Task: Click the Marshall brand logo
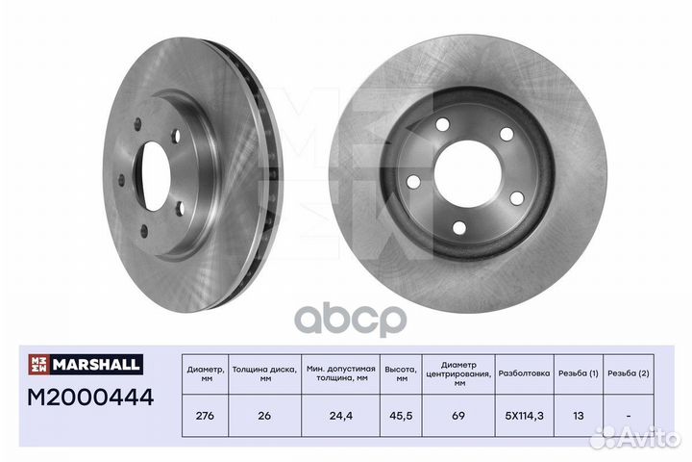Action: pos(86,364)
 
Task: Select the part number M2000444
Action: pos(90,397)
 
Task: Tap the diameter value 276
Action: pos(205,416)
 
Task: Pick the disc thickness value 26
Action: pos(264,416)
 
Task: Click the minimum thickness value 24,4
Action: pos(341,416)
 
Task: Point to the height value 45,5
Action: pos(402,416)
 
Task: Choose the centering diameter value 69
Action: pos(458,416)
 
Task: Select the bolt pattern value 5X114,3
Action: pos(525,416)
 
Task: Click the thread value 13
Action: pos(579,416)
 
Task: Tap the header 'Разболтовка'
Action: pos(525,373)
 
